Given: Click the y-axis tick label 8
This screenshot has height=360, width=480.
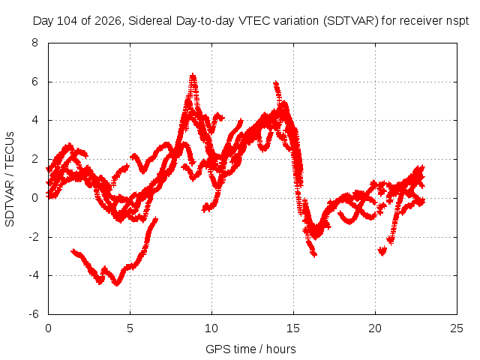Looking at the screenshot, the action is [34, 43].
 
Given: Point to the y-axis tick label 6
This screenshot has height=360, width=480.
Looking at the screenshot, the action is [34, 82].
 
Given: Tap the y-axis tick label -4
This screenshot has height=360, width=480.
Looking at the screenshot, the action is [33, 275].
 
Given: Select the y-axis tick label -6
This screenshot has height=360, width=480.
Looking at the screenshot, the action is [33, 314].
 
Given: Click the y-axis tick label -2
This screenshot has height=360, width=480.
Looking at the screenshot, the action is [33, 237].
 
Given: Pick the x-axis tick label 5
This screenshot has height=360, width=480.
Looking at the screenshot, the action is [130, 328].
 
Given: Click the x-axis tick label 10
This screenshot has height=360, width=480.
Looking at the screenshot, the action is [211, 328].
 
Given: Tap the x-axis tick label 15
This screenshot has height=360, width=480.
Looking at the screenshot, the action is [293, 328].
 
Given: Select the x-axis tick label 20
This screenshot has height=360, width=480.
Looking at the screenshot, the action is [375, 328].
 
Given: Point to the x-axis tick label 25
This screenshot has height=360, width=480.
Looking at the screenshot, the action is [457, 328].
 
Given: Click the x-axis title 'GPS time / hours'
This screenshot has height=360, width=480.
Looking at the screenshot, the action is [250, 349].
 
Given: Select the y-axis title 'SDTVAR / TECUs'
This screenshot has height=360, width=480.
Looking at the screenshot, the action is [10, 179].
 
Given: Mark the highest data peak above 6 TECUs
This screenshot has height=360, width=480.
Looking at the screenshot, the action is [193, 75].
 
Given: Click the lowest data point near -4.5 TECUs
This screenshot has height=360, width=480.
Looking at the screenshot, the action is [117, 283].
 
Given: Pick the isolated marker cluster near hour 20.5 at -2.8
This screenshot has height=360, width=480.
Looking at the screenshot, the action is [382, 251].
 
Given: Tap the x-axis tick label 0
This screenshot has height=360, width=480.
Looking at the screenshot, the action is [48, 328].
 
